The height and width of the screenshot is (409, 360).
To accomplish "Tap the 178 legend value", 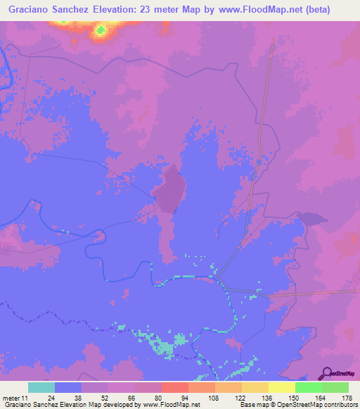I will pos(345,397).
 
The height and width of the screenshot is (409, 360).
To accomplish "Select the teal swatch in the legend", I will pos(41,387).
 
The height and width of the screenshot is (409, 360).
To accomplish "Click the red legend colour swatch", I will pos(175,387).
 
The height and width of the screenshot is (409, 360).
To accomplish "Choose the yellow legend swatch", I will pos(282,387).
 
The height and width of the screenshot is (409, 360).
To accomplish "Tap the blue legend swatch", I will pos(68,387).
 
